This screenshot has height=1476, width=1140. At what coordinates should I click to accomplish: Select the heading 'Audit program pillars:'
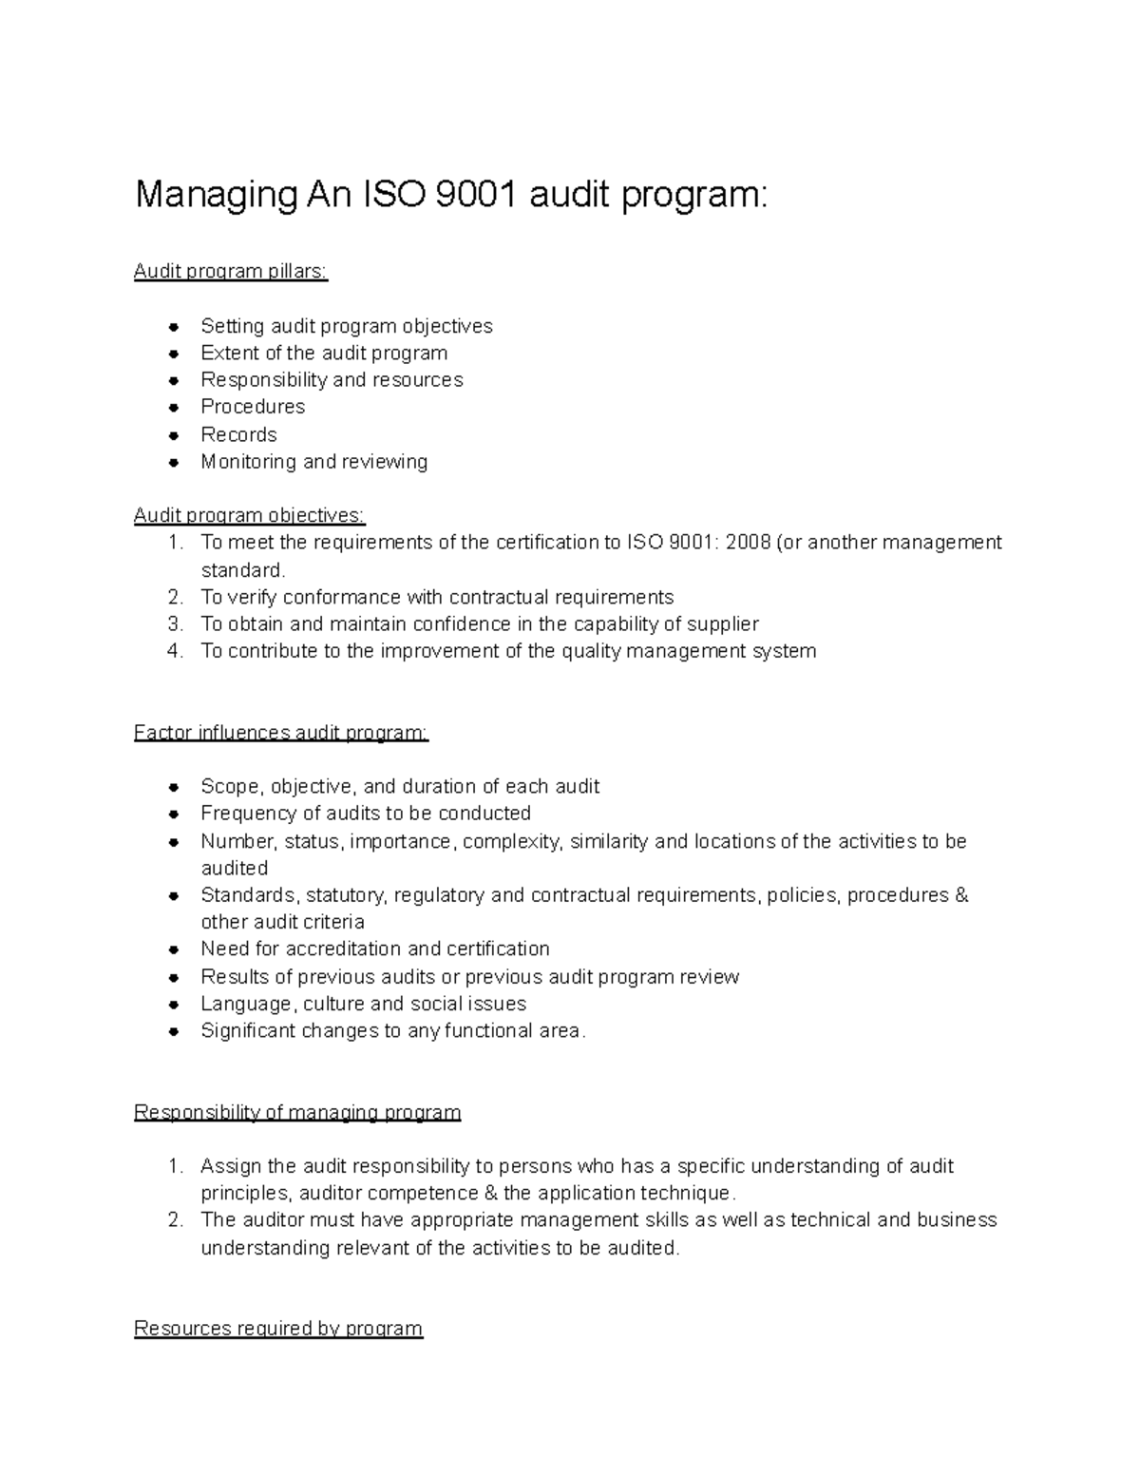coord(231,272)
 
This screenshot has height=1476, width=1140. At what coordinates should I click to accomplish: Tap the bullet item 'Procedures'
coord(253,407)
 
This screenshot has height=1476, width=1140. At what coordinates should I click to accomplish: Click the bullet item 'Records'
coord(238,434)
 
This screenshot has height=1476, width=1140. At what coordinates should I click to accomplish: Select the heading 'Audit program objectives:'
coord(249,515)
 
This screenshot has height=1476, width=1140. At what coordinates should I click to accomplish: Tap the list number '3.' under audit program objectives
coord(175,624)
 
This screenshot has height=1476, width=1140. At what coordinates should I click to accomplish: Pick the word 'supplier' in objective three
coord(722,624)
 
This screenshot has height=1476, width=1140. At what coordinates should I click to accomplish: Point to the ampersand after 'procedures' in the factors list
coord(960,895)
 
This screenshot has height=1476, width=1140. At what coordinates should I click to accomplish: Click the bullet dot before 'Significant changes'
coord(174,1031)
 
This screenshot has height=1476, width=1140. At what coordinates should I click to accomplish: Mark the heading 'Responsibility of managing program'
coord(297,1112)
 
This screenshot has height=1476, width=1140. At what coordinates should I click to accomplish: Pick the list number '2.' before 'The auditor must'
coord(175,1220)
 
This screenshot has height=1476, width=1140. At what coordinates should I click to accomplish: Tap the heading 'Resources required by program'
coord(278,1328)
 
